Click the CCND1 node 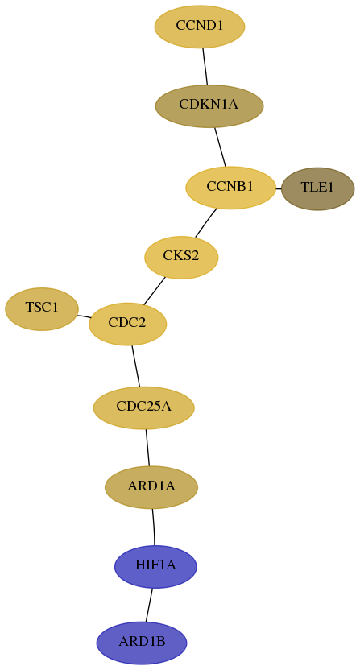(x=200, y=27)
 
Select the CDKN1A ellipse (x=209, y=106)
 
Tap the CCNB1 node (x=230, y=188)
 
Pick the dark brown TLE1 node (x=317, y=188)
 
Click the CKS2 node (x=181, y=257)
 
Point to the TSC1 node (x=42, y=308)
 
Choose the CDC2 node (x=127, y=324)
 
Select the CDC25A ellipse (x=143, y=407)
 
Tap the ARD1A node (x=151, y=487)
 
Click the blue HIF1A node (x=155, y=567)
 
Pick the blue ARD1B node (x=142, y=643)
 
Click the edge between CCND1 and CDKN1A (x=205, y=66)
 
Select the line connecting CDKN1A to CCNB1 (x=220, y=147)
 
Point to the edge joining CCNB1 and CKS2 (x=206, y=222)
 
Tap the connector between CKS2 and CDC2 (x=155, y=291)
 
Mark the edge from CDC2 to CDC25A (x=136, y=366)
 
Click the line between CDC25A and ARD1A (x=147, y=448)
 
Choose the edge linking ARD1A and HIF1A (x=154, y=527)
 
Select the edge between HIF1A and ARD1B (x=149, y=605)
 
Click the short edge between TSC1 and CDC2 (x=84, y=316)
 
